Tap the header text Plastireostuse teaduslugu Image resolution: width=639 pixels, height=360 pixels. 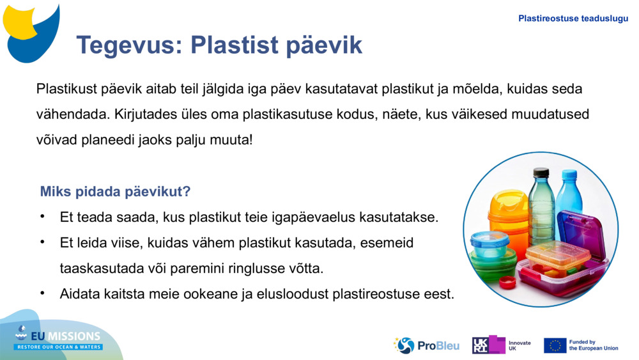[x=573, y=19]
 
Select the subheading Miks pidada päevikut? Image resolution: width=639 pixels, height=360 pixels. [x=115, y=192]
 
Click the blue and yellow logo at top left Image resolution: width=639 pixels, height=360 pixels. [x=31, y=32]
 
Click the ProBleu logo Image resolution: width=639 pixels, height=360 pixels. [x=427, y=345]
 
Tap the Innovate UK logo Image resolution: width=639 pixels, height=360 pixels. [x=502, y=345]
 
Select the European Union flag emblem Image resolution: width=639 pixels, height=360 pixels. [x=555, y=345]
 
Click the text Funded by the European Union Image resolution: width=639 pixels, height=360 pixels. [x=594, y=345]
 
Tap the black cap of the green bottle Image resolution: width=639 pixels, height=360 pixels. [x=541, y=172]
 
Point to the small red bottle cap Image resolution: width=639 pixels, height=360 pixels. [x=507, y=282]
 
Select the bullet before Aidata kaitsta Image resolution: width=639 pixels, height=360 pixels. [x=42, y=293]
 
